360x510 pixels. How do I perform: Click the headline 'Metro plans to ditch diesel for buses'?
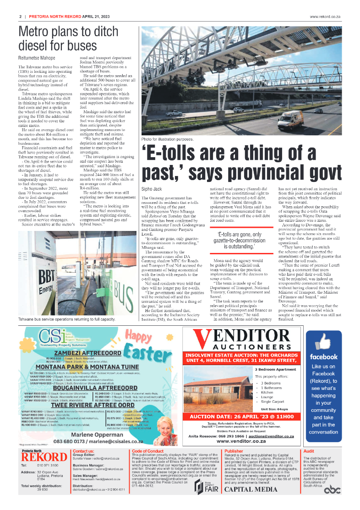[x=62, y=38]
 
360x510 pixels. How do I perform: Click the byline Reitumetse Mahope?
[x=37, y=58]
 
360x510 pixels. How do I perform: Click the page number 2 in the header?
[x=21, y=16]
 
